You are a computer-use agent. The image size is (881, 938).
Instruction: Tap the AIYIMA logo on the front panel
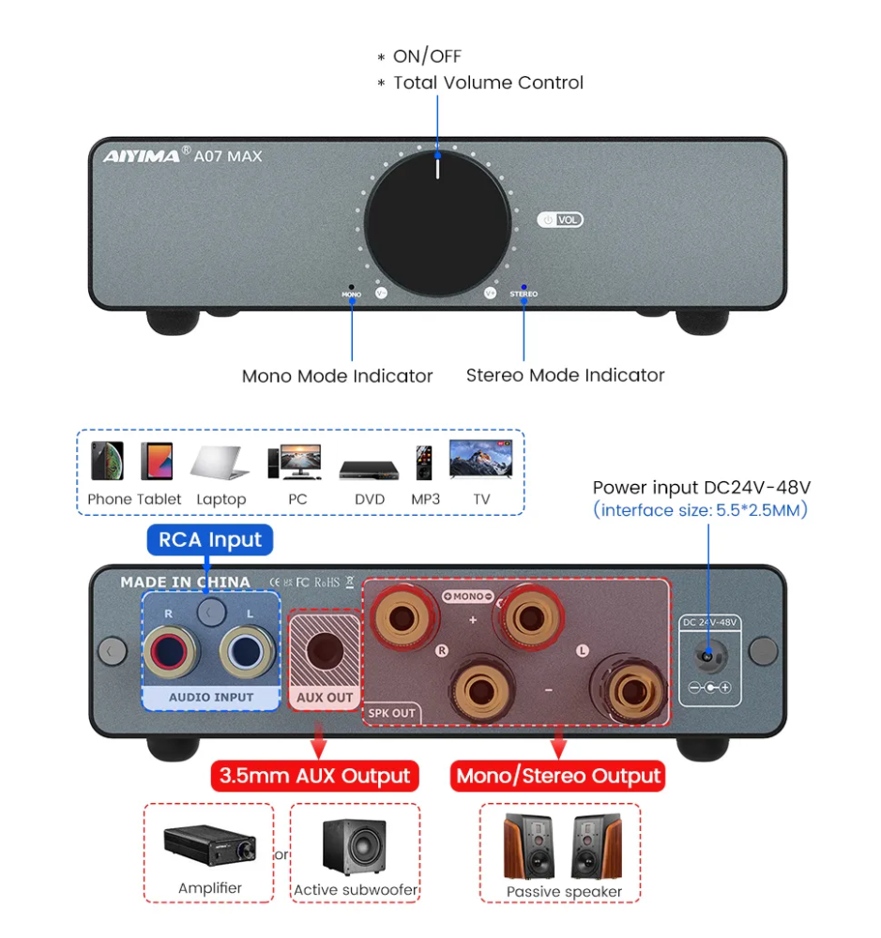(141, 156)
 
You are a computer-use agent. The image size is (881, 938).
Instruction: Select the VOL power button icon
(560, 220)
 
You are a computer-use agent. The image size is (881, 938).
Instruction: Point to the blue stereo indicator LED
(524, 286)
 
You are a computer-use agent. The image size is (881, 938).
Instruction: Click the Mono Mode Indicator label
(337, 376)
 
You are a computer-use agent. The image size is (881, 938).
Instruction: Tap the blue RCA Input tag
(210, 539)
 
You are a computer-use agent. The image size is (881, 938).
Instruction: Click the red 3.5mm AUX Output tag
(314, 777)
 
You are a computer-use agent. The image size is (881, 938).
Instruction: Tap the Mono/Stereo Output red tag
(558, 777)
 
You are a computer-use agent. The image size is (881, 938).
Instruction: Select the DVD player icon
(370, 468)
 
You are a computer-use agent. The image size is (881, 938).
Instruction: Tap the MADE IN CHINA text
(185, 582)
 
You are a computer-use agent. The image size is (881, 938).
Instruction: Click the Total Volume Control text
(488, 83)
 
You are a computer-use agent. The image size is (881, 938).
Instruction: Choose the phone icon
(107, 461)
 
